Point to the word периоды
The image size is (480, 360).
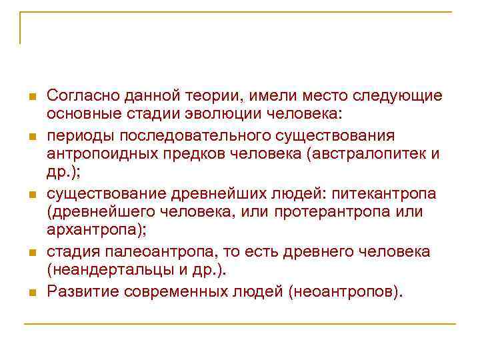tap(80, 136)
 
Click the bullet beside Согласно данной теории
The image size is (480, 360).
tap(31, 97)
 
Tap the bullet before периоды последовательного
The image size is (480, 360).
tap(31, 137)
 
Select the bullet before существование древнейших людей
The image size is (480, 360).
tap(31, 195)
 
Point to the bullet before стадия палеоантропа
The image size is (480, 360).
tap(31, 253)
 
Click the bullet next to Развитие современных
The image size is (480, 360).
tap(31, 293)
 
